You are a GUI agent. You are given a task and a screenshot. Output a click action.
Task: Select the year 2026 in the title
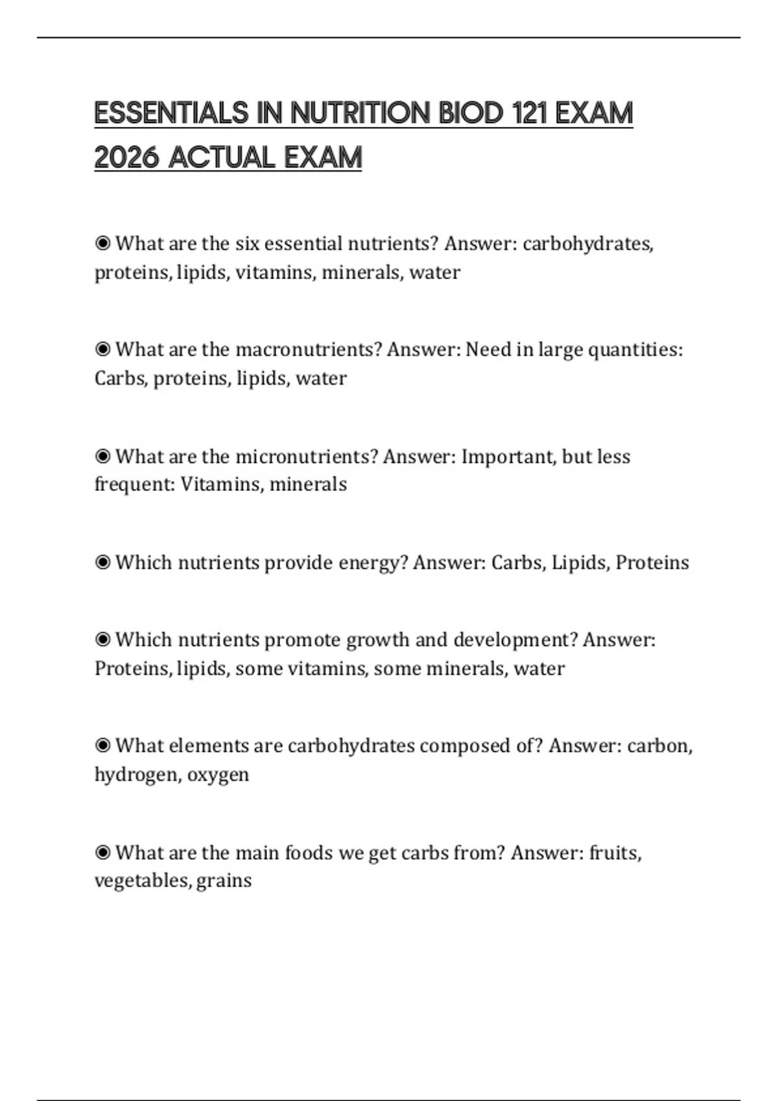(x=126, y=157)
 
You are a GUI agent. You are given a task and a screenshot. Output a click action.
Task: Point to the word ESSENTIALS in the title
(x=171, y=113)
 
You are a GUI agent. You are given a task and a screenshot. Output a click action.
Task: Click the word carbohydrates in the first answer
(x=587, y=244)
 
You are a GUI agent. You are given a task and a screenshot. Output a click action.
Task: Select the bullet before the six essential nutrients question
(x=102, y=244)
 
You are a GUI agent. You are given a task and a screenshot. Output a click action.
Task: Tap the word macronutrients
(x=309, y=350)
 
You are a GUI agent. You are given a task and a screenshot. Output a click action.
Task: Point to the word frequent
(x=135, y=484)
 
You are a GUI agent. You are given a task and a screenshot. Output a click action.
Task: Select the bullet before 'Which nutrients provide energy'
(x=102, y=563)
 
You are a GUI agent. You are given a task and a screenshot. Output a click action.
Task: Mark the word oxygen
(x=218, y=775)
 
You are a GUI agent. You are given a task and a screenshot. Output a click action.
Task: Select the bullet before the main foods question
(x=102, y=853)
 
